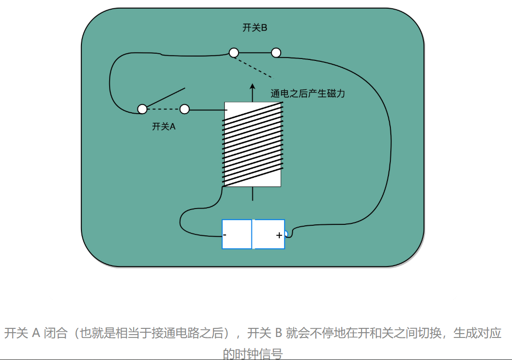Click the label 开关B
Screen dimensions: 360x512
[254, 28]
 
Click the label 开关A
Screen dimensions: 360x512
[164, 127]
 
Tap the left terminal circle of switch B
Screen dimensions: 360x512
[234, 53]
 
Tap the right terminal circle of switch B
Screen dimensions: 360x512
[276, 53]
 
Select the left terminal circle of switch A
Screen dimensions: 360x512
[142, 109]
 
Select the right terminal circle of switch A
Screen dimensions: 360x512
[184, 109]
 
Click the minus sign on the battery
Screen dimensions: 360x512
[225, 235]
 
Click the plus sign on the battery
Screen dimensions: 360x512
[279, 235]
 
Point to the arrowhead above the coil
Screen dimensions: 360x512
[253, 87]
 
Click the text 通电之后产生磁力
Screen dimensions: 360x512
[307, 94]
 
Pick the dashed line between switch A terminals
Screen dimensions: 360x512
[163, 109]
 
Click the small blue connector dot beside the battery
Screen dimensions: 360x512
[286, 233]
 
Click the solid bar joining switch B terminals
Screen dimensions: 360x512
[255, 53]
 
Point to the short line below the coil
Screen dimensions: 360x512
[253, 194]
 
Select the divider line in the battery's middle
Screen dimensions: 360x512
[252, 234]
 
